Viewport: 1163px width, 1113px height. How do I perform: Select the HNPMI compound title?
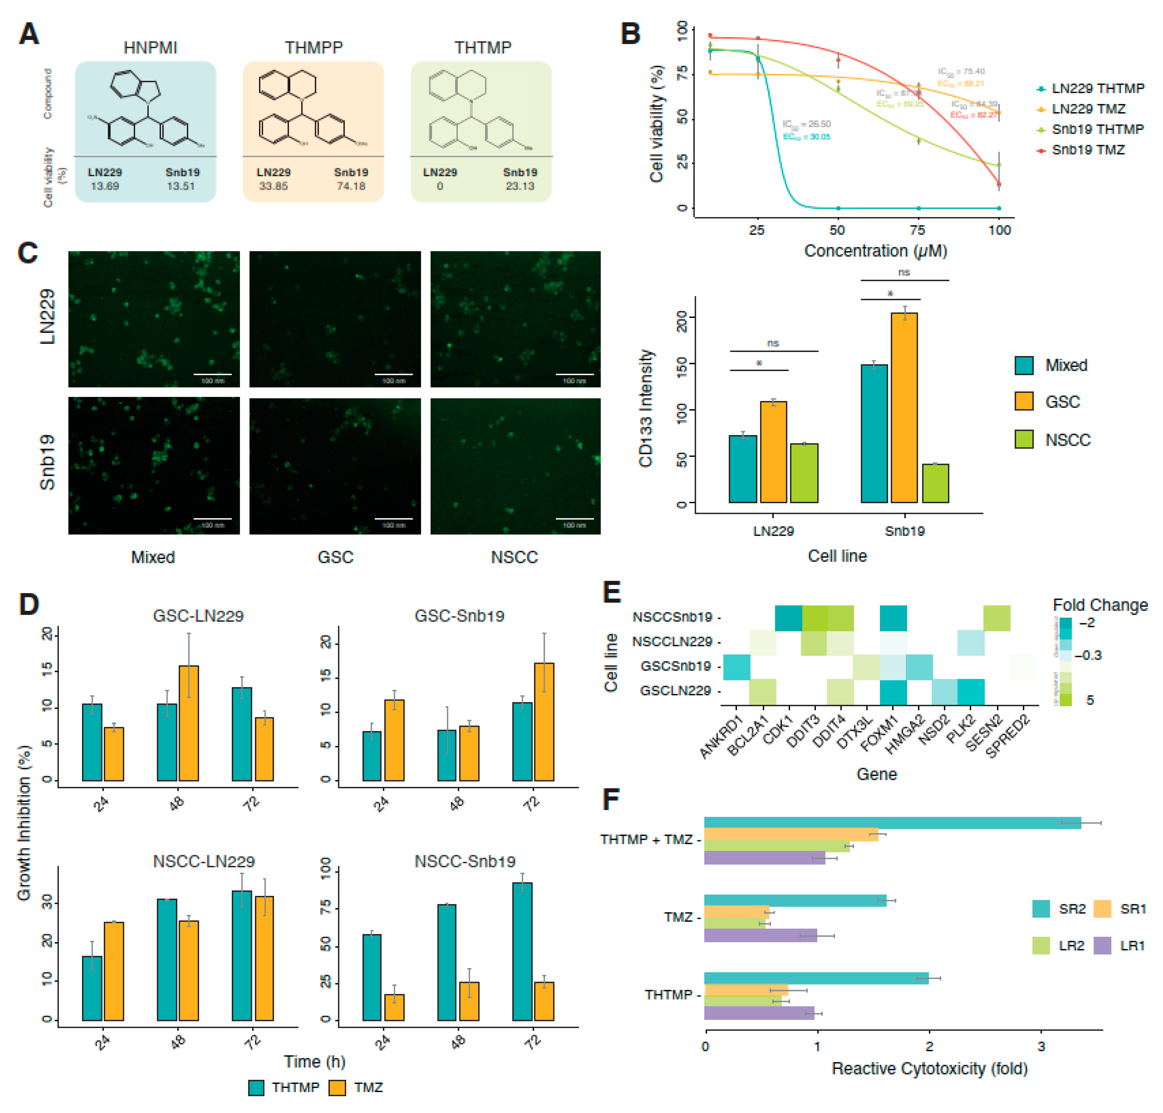150,48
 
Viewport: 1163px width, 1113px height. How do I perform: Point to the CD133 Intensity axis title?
645,408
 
